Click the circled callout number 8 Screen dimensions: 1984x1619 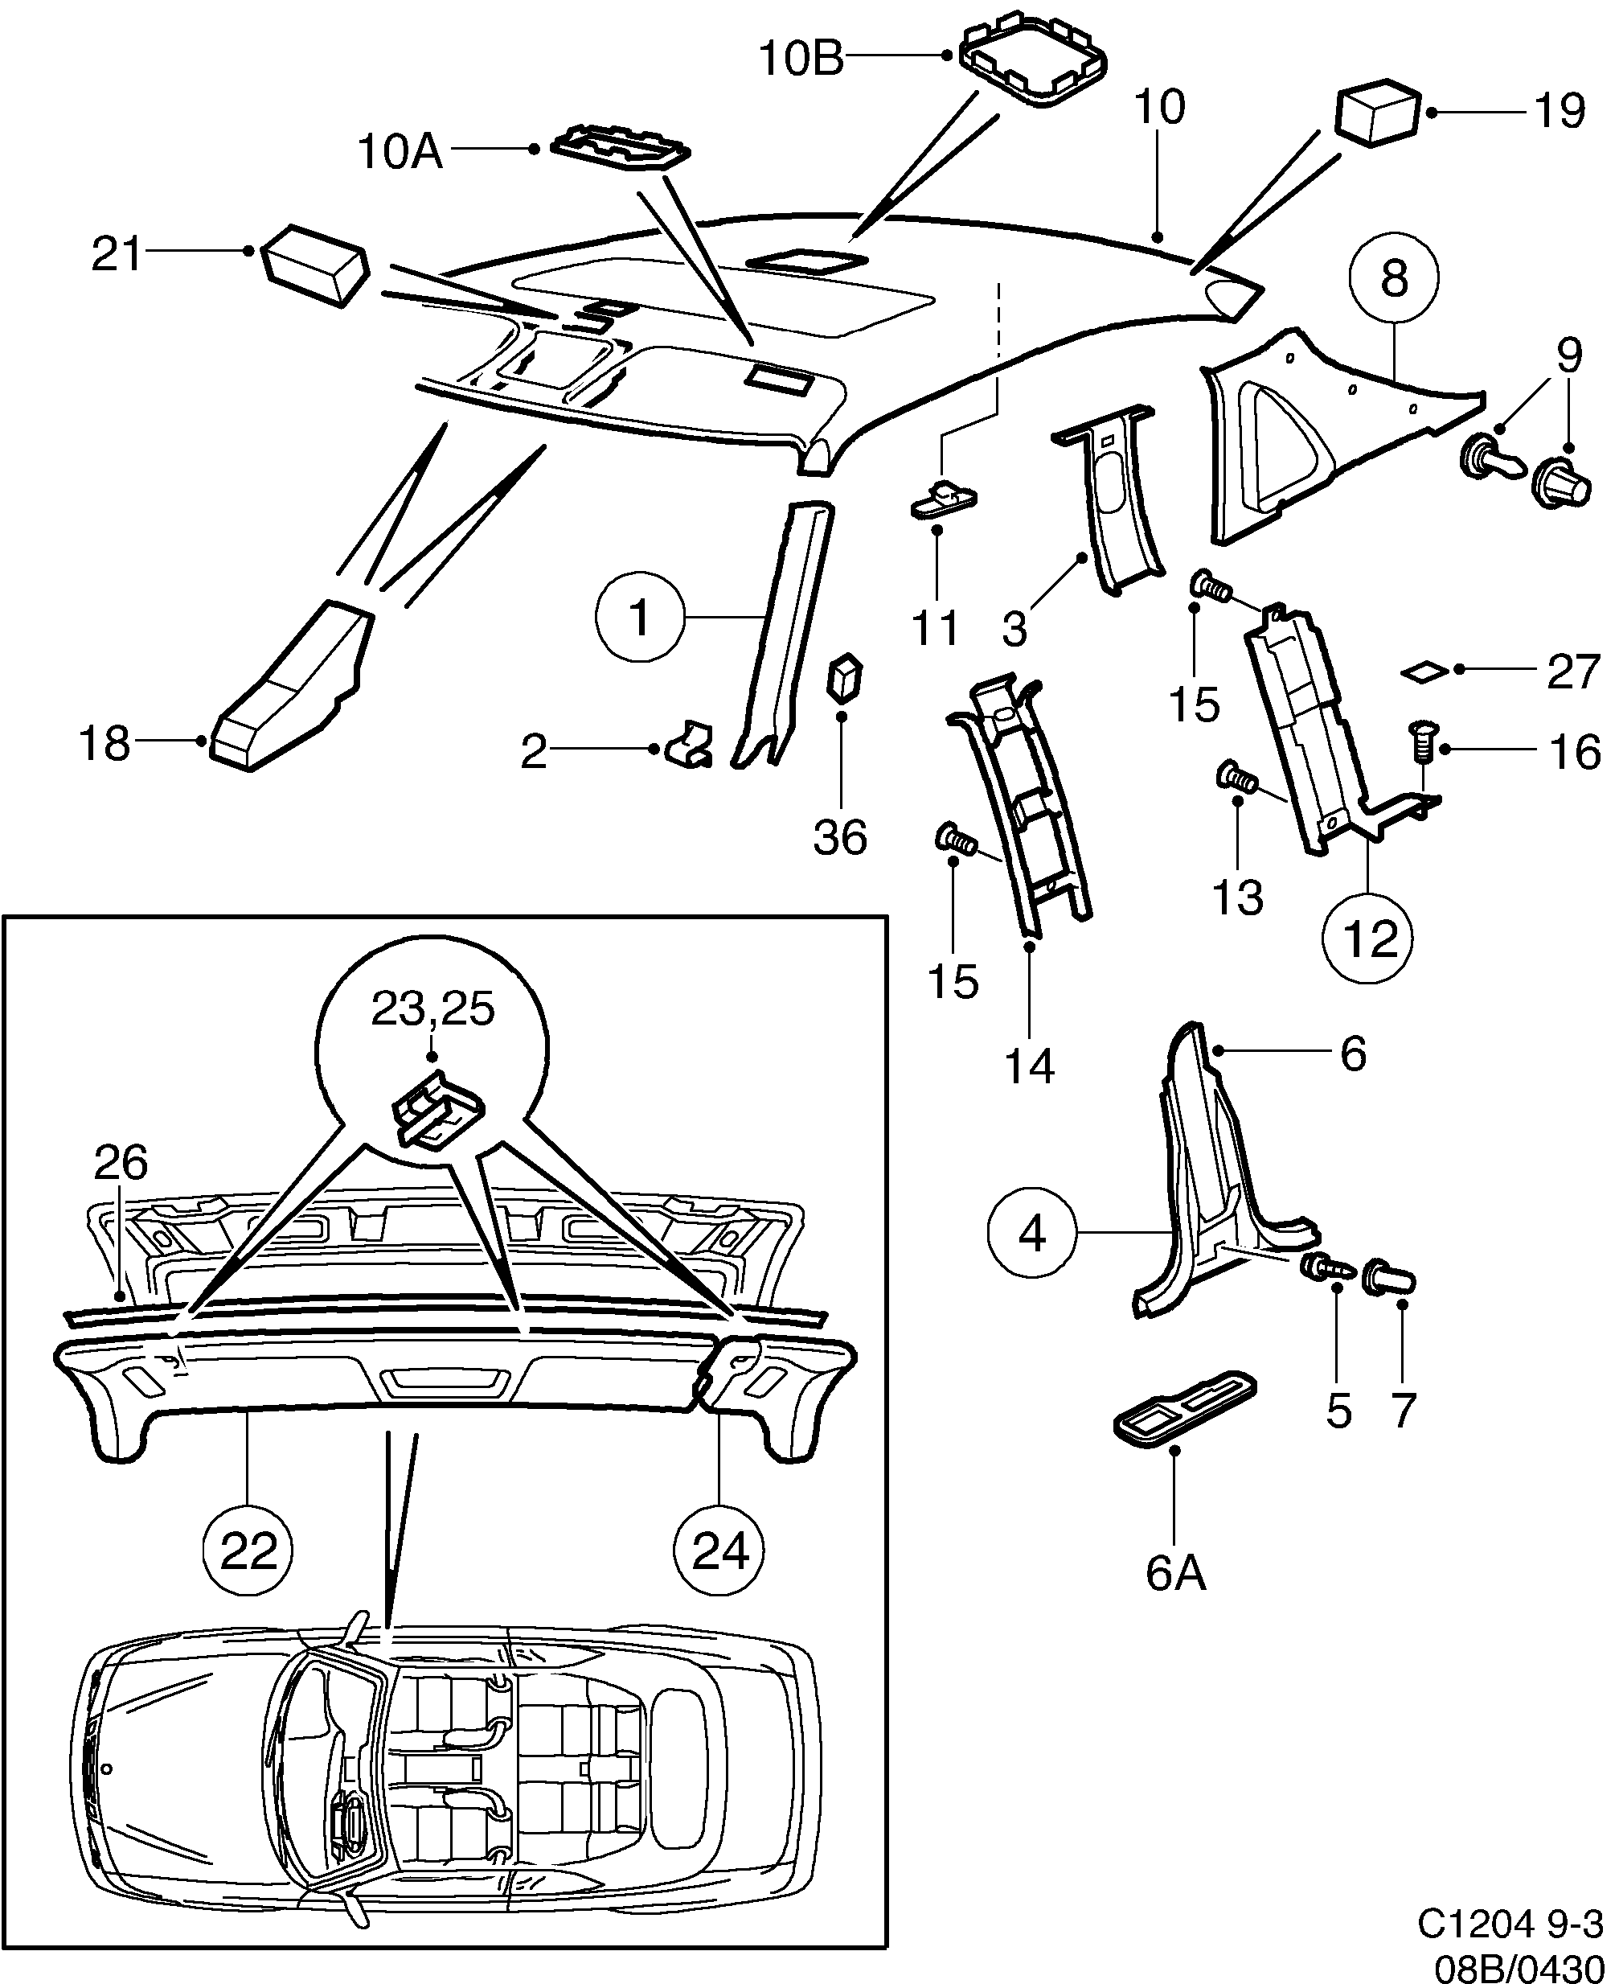click(1393, 277)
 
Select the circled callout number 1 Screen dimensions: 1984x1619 click(640, 618)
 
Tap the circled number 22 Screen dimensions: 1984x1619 click(249, 1551)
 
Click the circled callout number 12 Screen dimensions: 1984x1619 click(1367, 938)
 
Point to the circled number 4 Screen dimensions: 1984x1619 click(1032, 1235)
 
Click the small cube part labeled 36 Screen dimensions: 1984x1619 click(845, 678)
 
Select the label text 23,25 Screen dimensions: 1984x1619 click(432, 1008)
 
